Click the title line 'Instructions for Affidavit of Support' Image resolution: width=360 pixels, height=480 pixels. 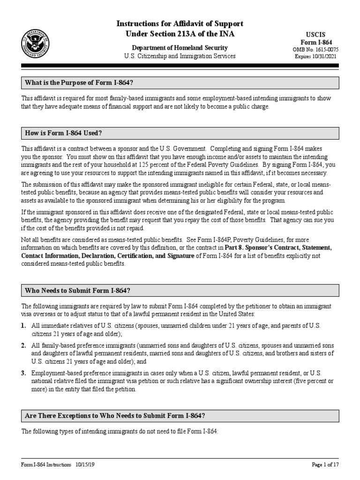coord(180,23)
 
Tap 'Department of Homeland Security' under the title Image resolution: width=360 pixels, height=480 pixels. coord(180,48)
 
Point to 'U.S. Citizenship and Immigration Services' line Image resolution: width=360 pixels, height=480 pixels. coord(180,56)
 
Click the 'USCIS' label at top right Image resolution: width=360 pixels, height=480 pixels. coord(323,35)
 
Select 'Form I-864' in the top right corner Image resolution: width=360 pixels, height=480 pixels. coord(323,42)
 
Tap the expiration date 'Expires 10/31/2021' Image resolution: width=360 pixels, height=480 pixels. coord(323,56)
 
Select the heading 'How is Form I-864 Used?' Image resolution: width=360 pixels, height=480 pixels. coord(63,134)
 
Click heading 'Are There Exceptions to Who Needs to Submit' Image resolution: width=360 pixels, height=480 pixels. coord(115,416)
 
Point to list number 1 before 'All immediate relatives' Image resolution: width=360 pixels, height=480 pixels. coord(23,326)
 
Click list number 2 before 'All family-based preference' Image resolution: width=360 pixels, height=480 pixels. coord(23,345)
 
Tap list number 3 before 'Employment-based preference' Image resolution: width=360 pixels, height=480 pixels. coord(23,373)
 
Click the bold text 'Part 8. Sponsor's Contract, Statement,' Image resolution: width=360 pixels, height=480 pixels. coord(272,247)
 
